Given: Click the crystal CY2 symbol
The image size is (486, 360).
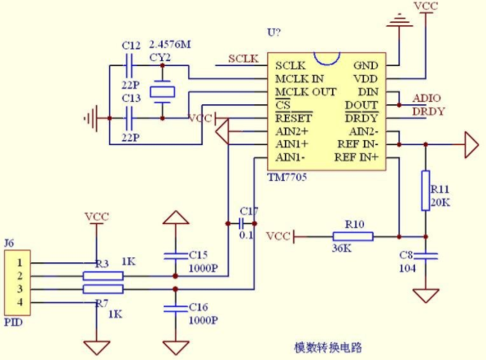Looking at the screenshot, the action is (162, 92).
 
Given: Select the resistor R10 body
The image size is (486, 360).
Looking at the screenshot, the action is (352, 236).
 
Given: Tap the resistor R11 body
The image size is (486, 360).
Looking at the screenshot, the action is (426, 191).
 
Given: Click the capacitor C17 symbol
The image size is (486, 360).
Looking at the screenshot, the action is (241, 223).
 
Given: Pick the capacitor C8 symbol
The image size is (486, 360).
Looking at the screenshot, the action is (426, 256).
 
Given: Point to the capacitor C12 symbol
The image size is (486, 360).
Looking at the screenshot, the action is (129, 65).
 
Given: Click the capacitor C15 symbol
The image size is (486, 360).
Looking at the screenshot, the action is (175, 256).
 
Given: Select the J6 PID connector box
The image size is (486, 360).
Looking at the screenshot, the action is (17, 283).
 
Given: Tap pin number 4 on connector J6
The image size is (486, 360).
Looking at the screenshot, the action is (20, 302).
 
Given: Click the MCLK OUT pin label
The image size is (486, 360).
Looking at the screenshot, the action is (305, 92).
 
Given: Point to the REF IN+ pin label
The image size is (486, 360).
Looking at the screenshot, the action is (357, 157).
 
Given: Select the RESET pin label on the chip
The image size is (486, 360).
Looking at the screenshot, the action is (294, 118).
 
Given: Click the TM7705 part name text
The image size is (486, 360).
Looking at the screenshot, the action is (287, 178).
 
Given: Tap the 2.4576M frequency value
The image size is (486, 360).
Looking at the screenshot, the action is (170, 45).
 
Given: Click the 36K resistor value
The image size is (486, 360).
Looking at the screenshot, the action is (342, 248).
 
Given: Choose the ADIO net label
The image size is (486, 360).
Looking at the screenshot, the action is (427, 98).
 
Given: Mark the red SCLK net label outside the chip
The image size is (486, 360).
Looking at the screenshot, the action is (243, 59).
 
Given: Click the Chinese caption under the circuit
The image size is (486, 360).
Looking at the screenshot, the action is (327, 347).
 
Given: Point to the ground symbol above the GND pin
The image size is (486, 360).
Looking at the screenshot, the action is (400, 20).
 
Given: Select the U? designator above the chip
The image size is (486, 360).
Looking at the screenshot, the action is (274, 32).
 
